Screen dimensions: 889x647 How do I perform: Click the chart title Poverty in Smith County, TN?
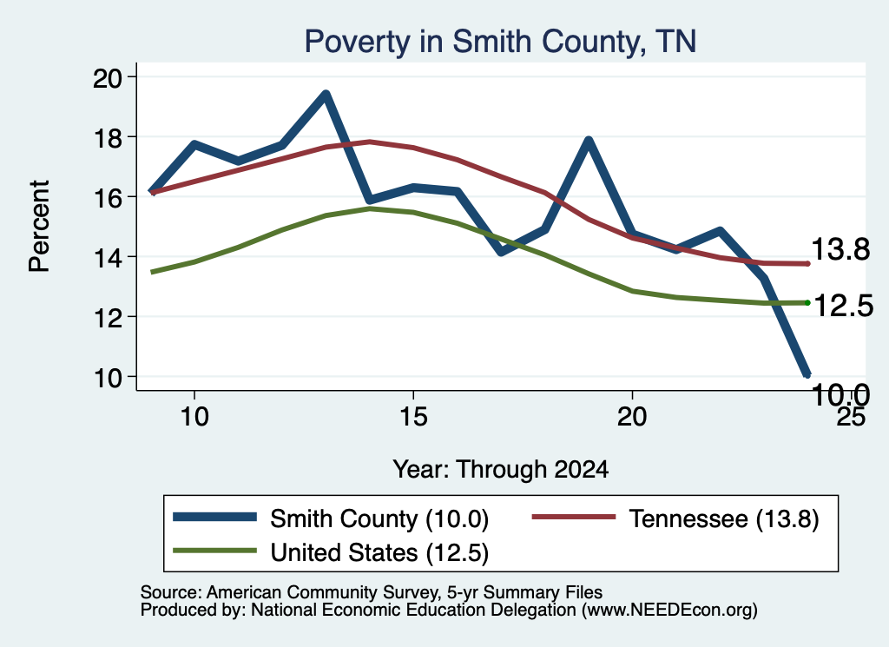(x=500, y=42)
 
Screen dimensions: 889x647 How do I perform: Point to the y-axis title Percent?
(x=39, y=227)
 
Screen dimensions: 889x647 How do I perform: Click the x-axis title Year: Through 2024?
(x=501, y=470)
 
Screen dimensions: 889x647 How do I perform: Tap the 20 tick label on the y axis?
(x=108, y=77)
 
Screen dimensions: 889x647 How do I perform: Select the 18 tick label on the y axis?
(x=108, y=138)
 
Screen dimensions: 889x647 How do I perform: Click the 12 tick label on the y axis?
(x=108, y=318)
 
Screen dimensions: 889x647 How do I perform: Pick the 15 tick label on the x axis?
(x=413, y=417)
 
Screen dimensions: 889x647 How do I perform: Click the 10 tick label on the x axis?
(x=194, y=417)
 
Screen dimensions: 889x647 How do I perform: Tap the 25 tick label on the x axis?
(x=851, y=417)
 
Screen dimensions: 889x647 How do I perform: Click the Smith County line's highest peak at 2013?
(x=326, y=94)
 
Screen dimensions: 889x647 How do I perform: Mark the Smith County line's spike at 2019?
(x=589, y=141)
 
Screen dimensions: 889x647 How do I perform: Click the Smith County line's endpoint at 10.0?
(x=807, y=374)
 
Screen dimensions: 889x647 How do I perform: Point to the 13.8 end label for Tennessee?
(x=840, y=249)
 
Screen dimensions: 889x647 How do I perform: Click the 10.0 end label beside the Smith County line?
(x=840, y=394)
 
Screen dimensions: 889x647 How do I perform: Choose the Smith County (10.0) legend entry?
(x=331, y=518)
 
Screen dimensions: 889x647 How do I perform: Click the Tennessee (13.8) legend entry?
(x=675, y=518)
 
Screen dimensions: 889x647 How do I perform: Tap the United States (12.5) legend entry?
(x=331, y=552)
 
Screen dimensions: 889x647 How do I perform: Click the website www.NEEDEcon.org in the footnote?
(x=669, y=611)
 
